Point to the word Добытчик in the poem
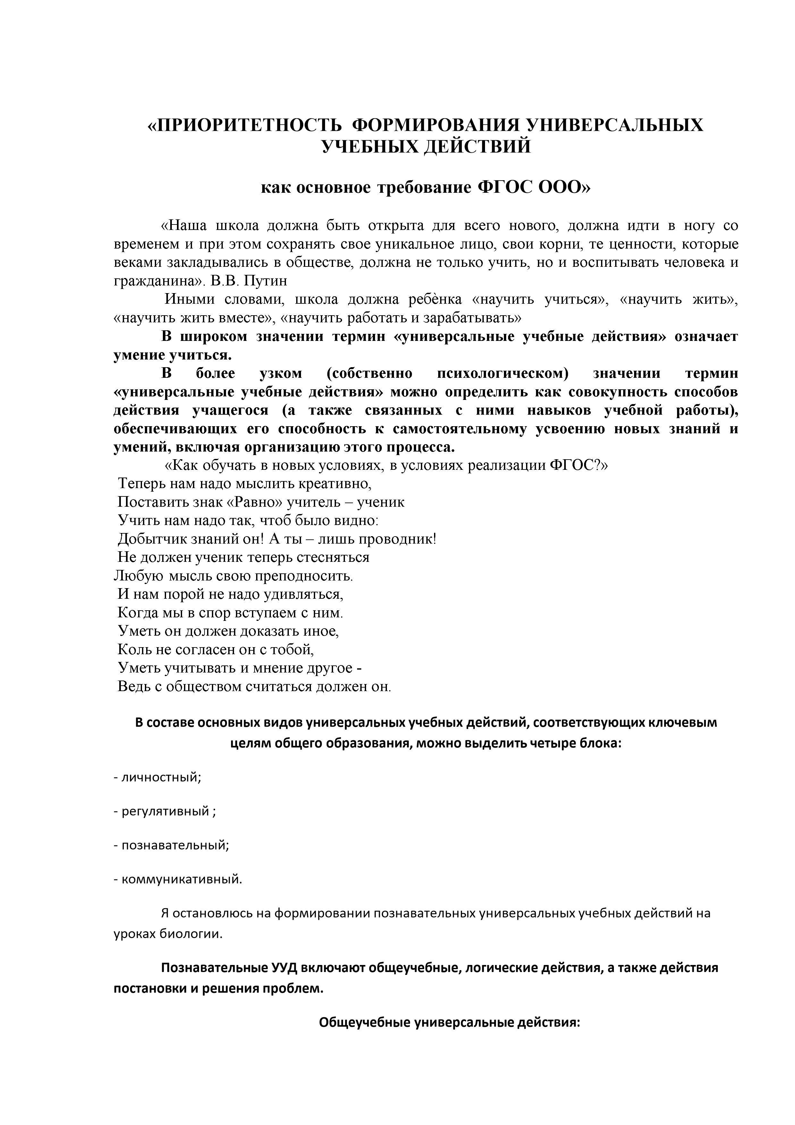pyautogui.click(x=149, y=539)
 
